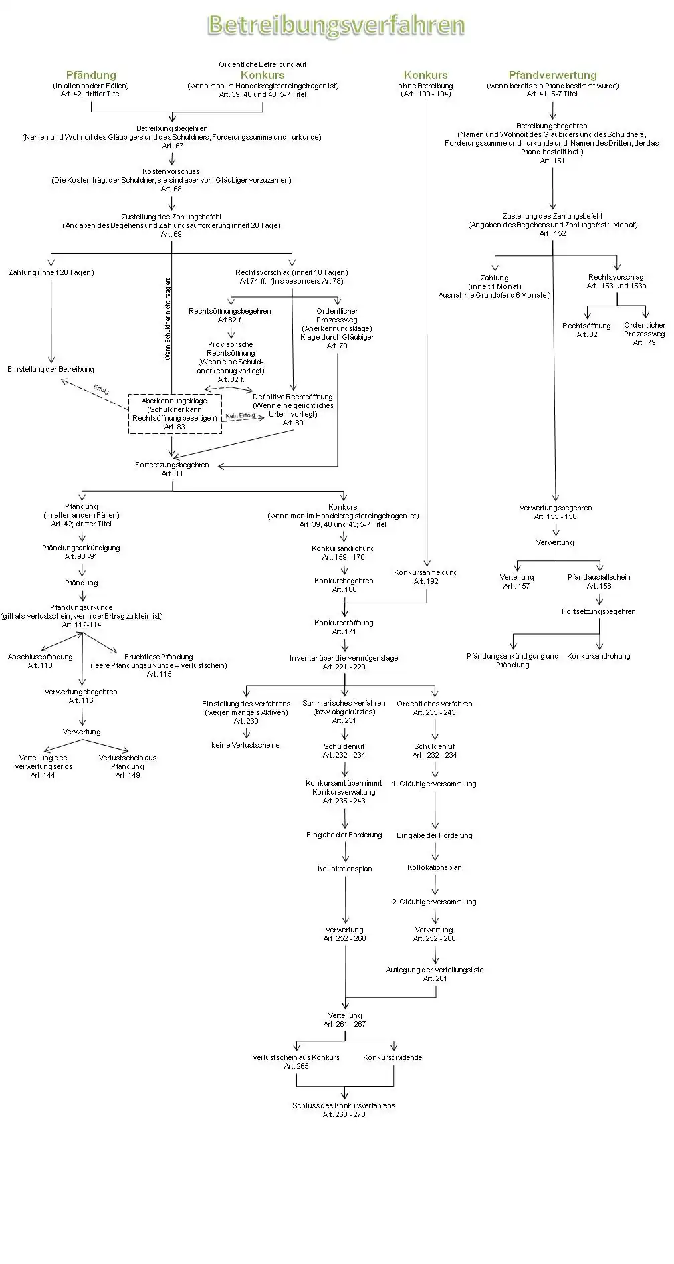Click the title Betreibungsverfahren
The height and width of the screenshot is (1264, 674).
tap(336, 25)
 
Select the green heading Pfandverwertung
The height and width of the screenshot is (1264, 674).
tap(552, 75)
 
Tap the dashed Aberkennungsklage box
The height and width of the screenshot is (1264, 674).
tap(175, 413)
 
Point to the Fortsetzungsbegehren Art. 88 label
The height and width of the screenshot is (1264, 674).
tap(172, 469)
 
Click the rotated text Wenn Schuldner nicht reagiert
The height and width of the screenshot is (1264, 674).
tap(168, 319)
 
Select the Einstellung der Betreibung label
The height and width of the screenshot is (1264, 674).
tap(51, 369)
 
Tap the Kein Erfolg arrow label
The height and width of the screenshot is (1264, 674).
tap(241, 416)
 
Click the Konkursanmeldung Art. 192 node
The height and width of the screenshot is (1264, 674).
tap(426, 576)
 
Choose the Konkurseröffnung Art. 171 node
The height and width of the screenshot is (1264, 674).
tap(344, 627)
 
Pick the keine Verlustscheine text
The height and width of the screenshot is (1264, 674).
tap(245, 745)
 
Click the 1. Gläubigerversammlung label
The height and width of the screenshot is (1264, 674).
tap(434, 784)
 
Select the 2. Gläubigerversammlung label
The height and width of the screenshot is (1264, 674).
tap(434, 902)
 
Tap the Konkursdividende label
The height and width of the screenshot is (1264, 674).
tap(392, 1057)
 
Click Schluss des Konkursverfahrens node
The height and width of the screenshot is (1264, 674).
tap(344, 1110)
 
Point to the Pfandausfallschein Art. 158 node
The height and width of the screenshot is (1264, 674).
tap(599, 581)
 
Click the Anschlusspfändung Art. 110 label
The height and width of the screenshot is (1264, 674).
tap(40, 661)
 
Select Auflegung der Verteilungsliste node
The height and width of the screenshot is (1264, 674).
tap(435, 974)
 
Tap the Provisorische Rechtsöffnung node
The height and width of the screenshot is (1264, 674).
tap(231, 362)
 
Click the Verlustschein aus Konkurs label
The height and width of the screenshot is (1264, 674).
tap(296, 1061)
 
